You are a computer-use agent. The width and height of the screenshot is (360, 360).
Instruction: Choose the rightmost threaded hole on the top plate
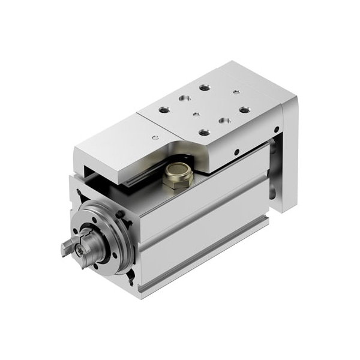[x=244, y=110]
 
